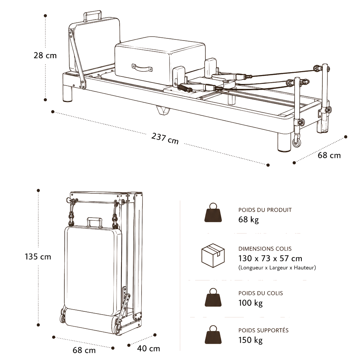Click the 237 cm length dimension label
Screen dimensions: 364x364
[x=165, y=139]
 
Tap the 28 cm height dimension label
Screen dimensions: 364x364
[x=45, y=55]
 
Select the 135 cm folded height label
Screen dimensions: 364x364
[x=38, y=257]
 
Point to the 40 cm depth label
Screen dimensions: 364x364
[x=148, y=348]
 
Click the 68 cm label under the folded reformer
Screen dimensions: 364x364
[x=84, y=350]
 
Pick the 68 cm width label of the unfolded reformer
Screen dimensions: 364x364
[x=329, y=155]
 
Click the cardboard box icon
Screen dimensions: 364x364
[x=213, y=256]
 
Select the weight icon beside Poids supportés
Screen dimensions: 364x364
[x=213, y=334]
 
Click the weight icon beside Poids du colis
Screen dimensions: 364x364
[x=213, y=298]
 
